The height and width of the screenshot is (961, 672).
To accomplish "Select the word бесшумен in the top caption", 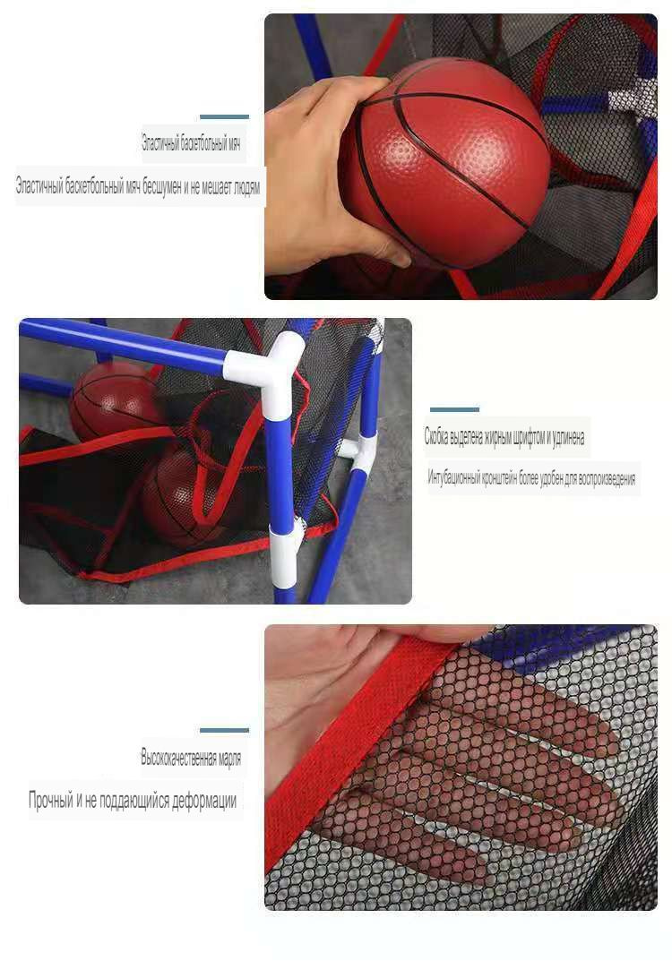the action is (x=162, y=187).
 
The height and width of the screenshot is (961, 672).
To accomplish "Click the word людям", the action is (x=246, y=187).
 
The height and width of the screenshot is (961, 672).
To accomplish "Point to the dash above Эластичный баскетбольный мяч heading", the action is (x=224, y=116).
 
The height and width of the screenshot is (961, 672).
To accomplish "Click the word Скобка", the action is (x=436, y=437).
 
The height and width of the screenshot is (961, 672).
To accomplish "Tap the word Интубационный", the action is (x=452, y=478).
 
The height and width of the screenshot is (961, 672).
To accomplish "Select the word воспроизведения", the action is (x=606, y=479).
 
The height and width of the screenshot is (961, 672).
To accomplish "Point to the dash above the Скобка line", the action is (x=454, y=409).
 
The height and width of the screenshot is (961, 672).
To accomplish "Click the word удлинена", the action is (x=568, y=438).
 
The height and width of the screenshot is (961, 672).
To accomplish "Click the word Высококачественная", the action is (x=178, y=758).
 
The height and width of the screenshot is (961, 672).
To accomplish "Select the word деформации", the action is (x=204, y=801).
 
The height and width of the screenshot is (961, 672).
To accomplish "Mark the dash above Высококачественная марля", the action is (x=224, y=731).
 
